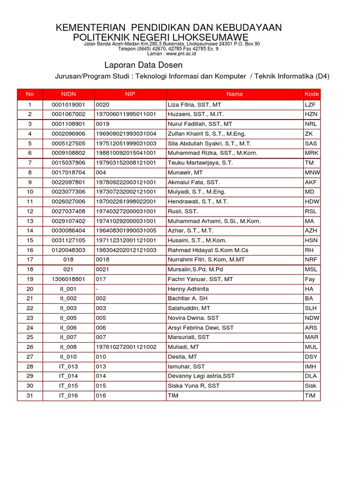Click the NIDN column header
(x=68, y=94)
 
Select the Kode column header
(x=311, y=94)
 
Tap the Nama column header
(x=234, y=94)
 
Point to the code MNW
(x=312, y=172)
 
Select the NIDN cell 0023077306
(x=68, y=192)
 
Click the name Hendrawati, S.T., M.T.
(x=198, y=202)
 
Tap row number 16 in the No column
(x=30, y=250)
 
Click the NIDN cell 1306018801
(x=68, y=279)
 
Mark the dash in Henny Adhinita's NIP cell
(x=97, y=289)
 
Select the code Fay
(x=310, y=279)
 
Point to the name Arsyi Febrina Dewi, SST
(x=201, y=328)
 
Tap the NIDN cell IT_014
(x=68, y=376)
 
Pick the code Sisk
(x=310, y=386)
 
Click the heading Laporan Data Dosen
(x=142, y=65)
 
